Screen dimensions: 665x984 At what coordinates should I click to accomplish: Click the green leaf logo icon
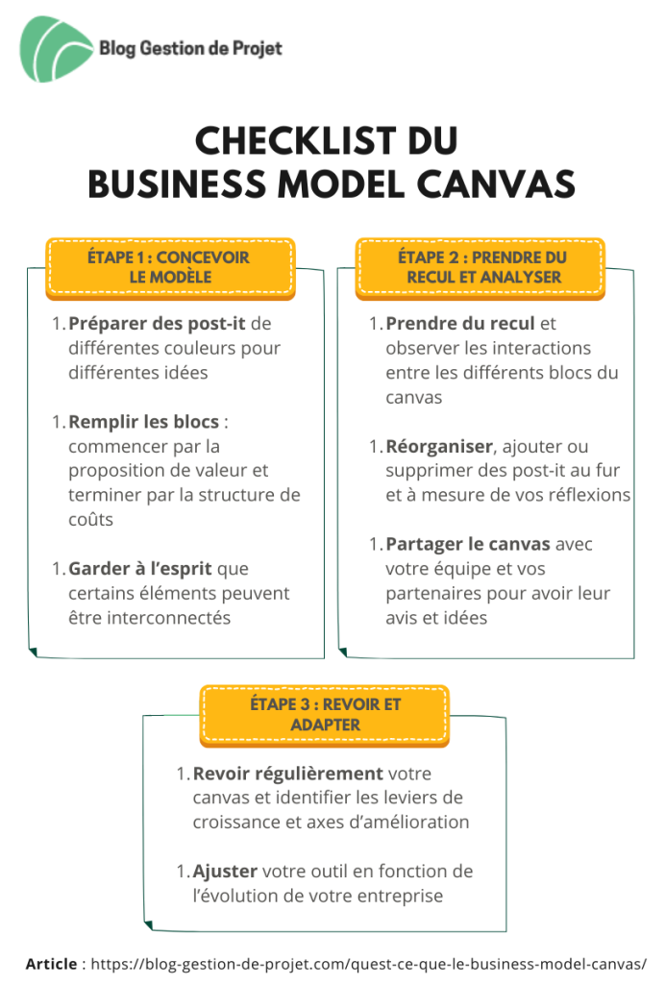pos(55,49)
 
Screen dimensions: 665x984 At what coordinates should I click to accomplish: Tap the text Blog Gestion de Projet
pos(190,48)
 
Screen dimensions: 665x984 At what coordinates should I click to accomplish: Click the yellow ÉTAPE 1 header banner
pos(170,268)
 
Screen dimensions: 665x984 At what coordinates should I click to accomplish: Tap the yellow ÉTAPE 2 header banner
pos(480,268)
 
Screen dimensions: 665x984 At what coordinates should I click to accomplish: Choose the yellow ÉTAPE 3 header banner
pos(325,715)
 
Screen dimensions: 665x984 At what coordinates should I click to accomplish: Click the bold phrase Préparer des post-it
pos(157,324)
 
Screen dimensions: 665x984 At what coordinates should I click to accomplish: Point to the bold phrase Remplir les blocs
pos(143,422)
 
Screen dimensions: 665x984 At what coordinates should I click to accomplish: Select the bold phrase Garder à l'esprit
pos(140,569)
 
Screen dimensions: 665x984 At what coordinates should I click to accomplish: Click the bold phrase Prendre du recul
pos(460,324)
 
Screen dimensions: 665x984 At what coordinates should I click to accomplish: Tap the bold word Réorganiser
pos(439,447)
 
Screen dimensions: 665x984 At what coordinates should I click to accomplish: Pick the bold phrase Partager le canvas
pos(467,545)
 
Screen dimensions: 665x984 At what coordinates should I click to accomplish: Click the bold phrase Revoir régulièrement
pos(288,774)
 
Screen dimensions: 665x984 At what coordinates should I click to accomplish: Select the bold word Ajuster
pos(225,872)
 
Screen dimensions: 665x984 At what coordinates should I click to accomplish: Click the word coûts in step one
pos(91,520)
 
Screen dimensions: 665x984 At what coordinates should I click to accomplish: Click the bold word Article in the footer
pos(52,964)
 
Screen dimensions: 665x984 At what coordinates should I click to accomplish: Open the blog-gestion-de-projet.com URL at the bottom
pos(368,965)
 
